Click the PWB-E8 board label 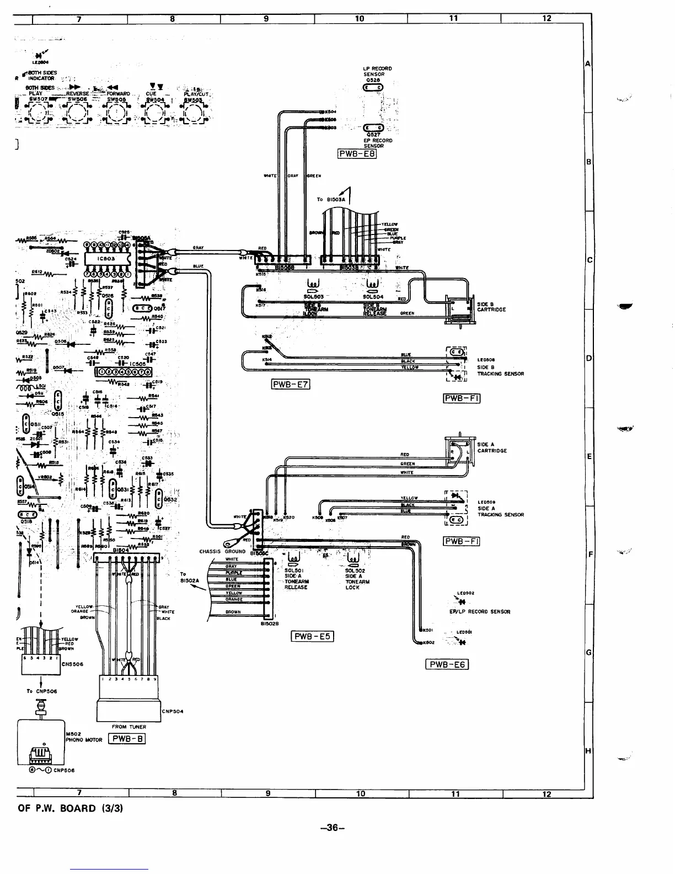pyautogui.click(x=357, y=154)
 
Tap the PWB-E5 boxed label pyautogui.click(x=310, y=636)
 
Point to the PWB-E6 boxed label pyautogui.click(x=447, y=664)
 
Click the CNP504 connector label pyautogui.click(x=173, y=711)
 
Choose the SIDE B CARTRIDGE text pyautogui.click(x=491, y=307)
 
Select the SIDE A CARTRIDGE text pyautogui.click(x=491, y=447)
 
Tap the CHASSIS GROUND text pyautogui.click(x=222, y=551)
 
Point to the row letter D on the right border pyautogui.click(x=588, y=359)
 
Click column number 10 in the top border pyautogui.click(x=359, y=19)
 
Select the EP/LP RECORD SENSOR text pyautogui.click(x=480, y=611)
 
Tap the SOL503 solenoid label pyautogui.click(x=313, y=296)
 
